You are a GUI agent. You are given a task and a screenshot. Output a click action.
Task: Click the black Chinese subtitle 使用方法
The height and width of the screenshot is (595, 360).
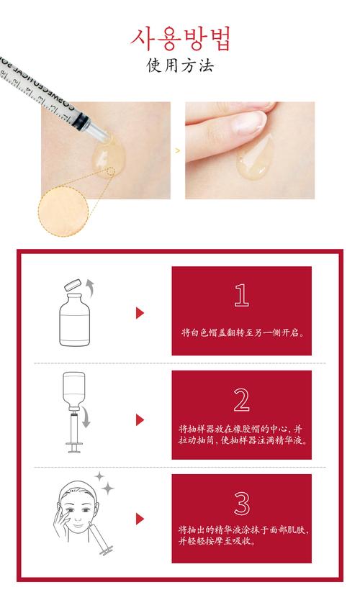[180, 66]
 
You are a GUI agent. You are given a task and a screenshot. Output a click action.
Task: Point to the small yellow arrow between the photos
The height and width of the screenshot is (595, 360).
[178, 151]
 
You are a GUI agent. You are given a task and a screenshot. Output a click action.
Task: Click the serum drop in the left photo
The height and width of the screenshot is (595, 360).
[108, 154]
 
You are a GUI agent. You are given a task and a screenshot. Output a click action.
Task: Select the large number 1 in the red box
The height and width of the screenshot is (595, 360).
[241, 295]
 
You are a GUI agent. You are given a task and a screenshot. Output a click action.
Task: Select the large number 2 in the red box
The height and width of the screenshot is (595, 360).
[241, 399]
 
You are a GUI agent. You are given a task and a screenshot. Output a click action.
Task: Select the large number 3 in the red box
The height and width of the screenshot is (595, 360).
[241, 502]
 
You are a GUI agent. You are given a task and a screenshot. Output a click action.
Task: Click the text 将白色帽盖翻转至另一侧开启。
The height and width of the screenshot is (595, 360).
[241, 333]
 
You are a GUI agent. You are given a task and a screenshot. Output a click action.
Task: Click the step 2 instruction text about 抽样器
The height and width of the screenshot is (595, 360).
[241, 433]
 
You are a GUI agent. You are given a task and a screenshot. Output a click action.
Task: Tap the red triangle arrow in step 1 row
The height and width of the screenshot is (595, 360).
[140, 313]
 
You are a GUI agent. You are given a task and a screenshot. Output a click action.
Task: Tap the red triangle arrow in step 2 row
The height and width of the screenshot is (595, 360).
[140, 419]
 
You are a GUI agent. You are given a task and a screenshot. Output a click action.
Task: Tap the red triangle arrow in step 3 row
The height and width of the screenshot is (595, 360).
[140, 519]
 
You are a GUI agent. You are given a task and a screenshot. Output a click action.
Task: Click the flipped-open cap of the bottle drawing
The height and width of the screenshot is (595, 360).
[73, 283]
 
